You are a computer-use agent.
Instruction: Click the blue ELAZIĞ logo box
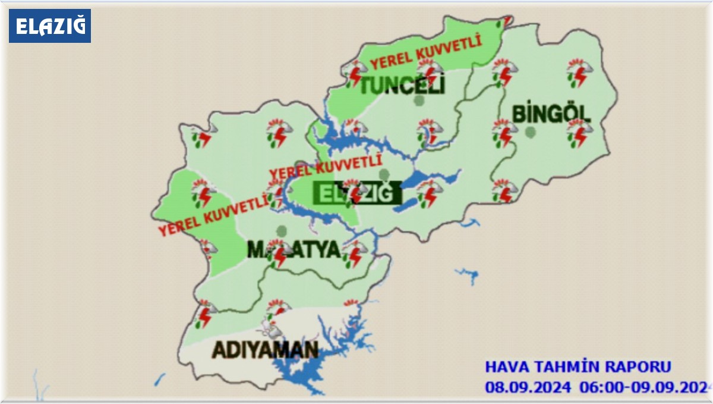pyautogui.click(x=50, y=26)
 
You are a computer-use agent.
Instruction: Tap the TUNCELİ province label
pyautogui.click(x=403, y=86)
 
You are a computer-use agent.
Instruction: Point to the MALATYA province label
pyautogui.click(x=294, y=250)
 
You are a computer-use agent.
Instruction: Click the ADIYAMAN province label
pyautogui.click(x=265, y=350)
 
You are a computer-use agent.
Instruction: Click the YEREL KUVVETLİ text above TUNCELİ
pyautogui.click(x=425, y=52)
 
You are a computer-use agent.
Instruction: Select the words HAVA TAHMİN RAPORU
pyautogui.click(x=578, y=367)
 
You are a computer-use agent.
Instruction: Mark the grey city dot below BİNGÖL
pyautogui.click(x=531, y=131)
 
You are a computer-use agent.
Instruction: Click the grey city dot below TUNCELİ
pyautogui.click(x=419, y=101)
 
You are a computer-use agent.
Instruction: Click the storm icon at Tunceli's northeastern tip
pyautogui.click(x=504, y=22)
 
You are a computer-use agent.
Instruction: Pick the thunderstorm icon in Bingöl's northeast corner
pyautogui.click(x=577, y=72)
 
